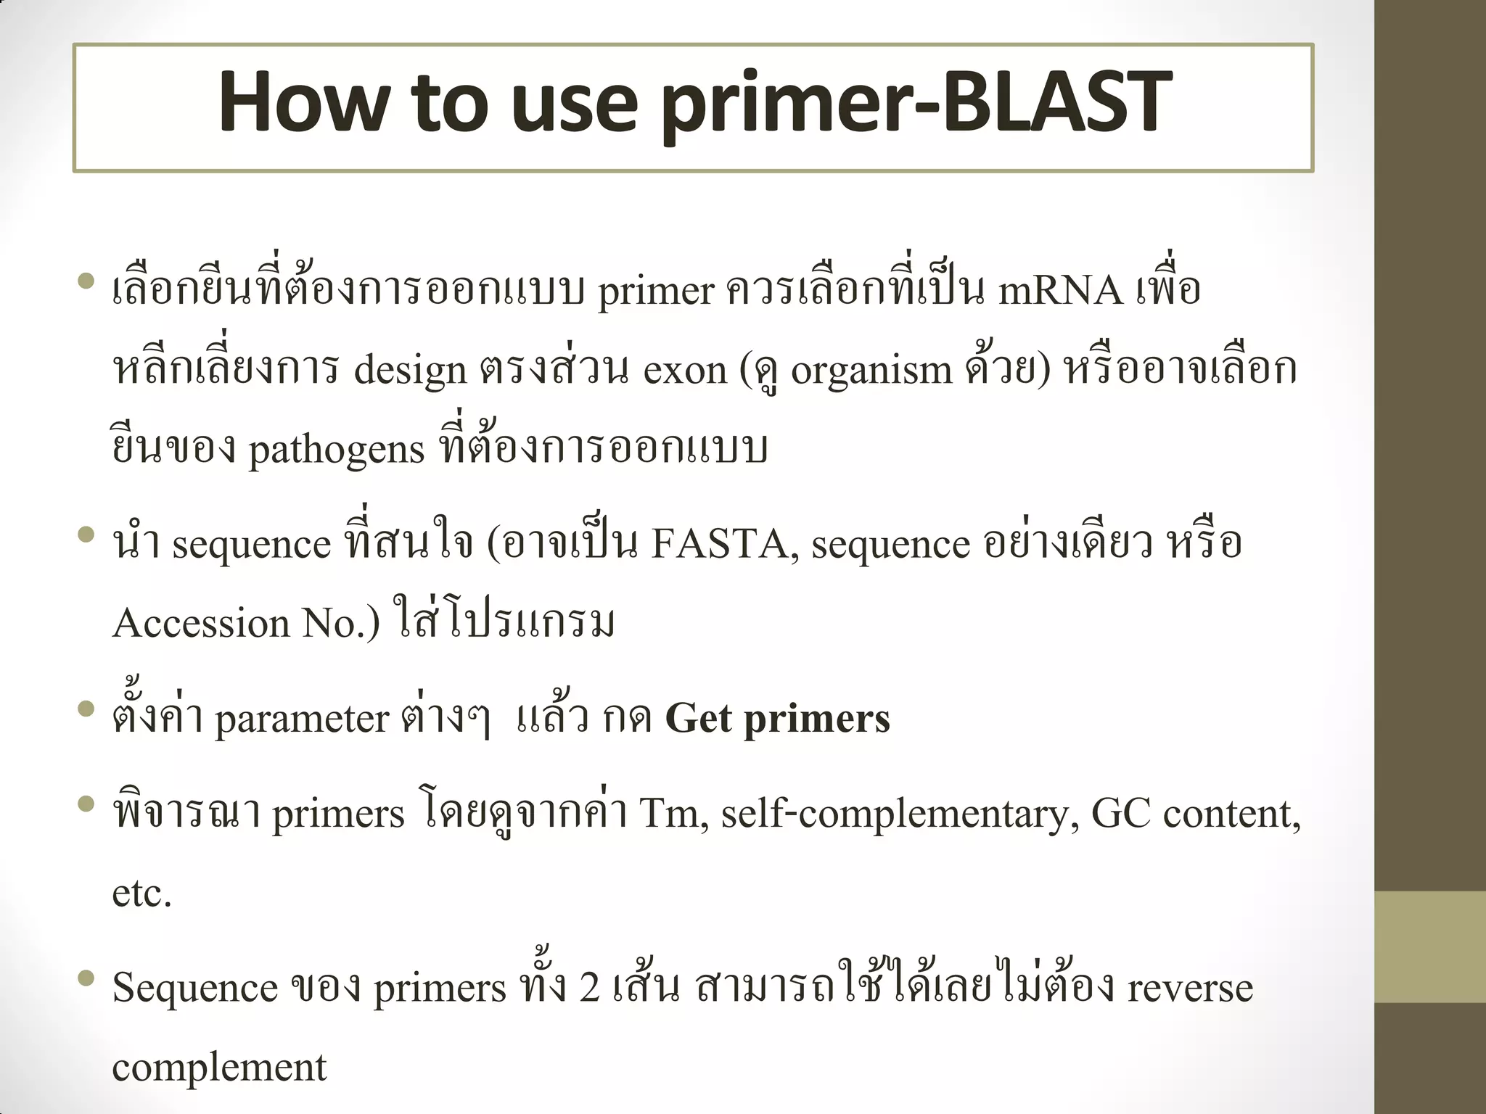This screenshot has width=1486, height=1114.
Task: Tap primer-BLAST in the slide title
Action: click(916, 102)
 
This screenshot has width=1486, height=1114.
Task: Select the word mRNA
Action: click(1060, 291)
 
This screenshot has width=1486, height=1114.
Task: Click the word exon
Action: click(684, 371)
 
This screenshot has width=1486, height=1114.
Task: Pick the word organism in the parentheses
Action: click(871, 371)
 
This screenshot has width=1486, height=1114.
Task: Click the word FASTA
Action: click(718, 544)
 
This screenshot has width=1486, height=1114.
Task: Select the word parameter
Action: click(302, 719)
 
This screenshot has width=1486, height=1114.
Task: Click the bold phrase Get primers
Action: click(777, 719)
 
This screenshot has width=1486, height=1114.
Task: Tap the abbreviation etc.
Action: click(141, 894)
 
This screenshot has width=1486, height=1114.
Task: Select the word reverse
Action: click(1190, 989)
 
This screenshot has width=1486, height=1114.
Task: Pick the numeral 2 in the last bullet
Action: click(589, 988)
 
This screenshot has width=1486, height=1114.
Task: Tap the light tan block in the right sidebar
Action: click(1430, 946)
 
